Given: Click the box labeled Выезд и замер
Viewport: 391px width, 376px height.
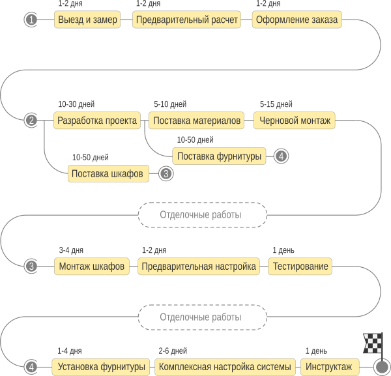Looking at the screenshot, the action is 87,20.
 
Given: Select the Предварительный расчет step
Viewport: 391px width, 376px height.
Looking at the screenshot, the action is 186,20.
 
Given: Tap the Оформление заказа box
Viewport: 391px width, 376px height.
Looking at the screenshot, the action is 297,20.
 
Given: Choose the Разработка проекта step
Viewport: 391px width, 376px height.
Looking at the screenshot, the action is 97,121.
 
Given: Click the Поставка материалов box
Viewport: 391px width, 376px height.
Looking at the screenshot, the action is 196,121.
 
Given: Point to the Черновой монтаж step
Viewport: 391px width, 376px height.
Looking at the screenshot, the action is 295,121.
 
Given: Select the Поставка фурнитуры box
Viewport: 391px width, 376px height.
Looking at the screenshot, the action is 219,156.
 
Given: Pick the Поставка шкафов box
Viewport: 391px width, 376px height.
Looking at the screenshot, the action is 108,173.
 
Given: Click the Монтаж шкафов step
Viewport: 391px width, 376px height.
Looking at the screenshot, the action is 92,267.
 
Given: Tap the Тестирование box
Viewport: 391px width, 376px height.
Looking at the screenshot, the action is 300,267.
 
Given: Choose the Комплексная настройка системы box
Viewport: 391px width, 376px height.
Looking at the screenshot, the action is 225,367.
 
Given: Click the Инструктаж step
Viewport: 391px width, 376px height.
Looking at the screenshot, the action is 330,367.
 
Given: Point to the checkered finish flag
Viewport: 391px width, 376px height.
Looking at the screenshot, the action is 373,343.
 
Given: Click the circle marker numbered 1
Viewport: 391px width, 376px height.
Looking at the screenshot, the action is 31,20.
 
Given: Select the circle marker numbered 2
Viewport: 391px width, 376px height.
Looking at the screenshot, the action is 31,121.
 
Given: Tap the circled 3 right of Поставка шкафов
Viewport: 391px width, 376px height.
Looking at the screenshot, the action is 166,173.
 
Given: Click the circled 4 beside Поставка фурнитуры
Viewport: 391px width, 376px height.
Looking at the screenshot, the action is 282,156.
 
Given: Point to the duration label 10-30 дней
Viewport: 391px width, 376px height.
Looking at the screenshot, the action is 76,104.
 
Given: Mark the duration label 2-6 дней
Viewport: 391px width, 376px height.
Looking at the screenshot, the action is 173,351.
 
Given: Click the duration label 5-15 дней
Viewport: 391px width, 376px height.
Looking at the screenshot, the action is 276,104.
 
